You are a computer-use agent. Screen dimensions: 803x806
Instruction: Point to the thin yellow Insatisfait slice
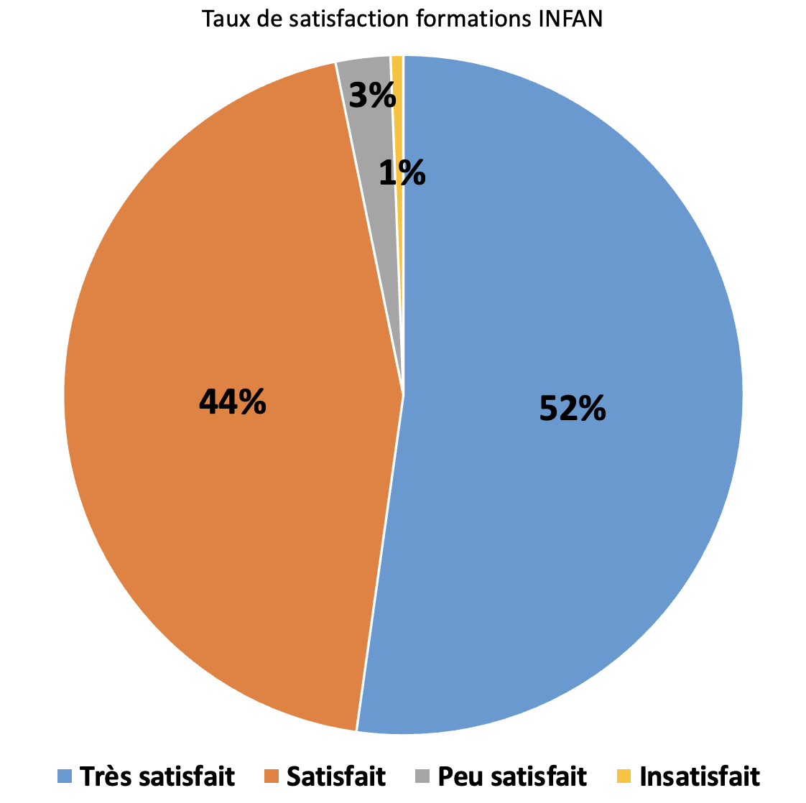tap(397, 108)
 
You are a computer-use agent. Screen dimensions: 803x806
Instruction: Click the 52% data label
tap(573, 409)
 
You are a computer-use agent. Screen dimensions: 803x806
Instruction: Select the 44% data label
tap(232, 402)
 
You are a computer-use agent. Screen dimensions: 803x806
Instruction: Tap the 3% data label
tap(371, 95)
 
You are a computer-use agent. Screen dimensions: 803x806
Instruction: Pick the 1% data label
tap(402, 173)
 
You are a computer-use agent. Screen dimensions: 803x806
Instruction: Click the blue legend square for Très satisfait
tap(65, 776)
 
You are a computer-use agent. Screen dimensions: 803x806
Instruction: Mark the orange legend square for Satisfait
tap(271, 776)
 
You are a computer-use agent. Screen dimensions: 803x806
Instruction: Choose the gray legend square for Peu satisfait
tap(422, 776)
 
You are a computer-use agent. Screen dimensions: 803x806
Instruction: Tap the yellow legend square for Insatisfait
tap(624, 776)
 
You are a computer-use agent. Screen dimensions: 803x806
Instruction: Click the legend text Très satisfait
tap(157, 776)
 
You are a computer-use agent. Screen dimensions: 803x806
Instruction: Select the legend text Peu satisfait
tap(512, 776)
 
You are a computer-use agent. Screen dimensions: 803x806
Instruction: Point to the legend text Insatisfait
tap(699, 776)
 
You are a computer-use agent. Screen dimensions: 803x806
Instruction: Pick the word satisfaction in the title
tap(345, 19)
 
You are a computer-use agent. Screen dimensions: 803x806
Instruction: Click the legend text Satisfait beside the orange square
tap(336, 776)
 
